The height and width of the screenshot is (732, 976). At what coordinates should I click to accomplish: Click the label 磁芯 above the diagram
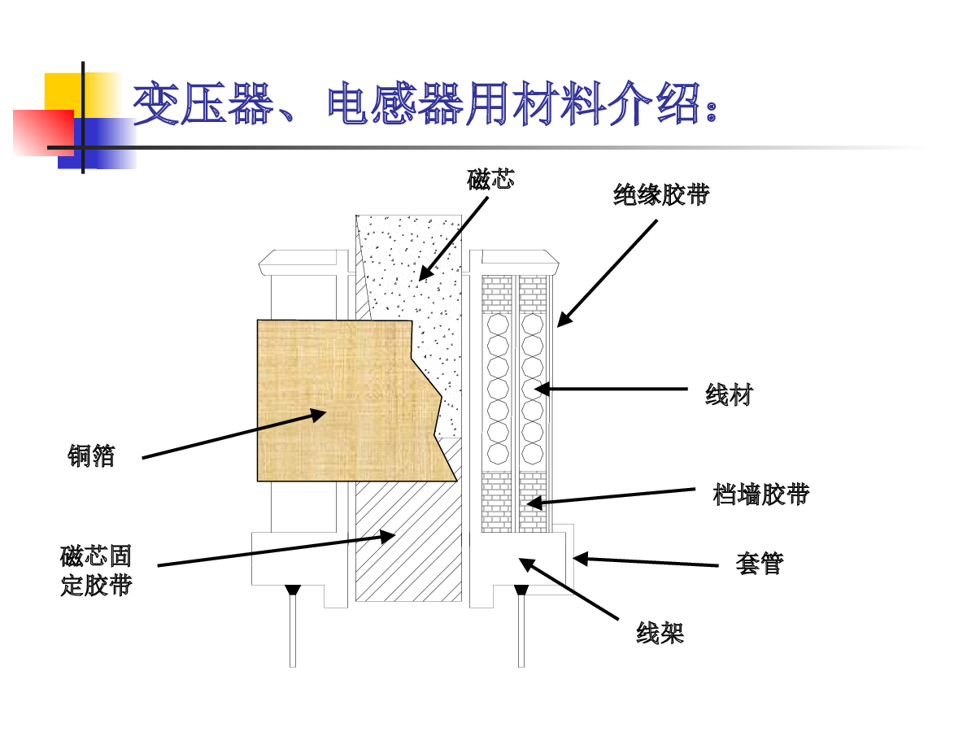pos(490,180)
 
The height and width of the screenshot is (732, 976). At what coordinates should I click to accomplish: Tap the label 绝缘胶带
pos(660,195)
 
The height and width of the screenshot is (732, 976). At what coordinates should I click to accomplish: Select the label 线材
pos(729,396)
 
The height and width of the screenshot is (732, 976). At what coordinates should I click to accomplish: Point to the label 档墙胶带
pos(760,494)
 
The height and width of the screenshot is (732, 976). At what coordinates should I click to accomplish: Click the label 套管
pos(759,564)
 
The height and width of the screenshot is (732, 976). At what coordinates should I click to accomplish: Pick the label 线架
pos(660,634)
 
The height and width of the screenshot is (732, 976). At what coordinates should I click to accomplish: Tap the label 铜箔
pos(91,456)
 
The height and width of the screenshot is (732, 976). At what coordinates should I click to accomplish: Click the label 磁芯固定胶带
pos(96,571)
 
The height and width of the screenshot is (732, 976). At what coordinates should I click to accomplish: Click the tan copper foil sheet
pos(342,399)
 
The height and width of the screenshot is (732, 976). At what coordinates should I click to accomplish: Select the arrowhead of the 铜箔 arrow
pos(320,413)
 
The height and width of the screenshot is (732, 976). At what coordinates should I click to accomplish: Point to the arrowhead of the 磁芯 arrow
pos(423,277)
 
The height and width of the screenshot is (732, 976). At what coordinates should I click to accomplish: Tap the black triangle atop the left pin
pos(293,590)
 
